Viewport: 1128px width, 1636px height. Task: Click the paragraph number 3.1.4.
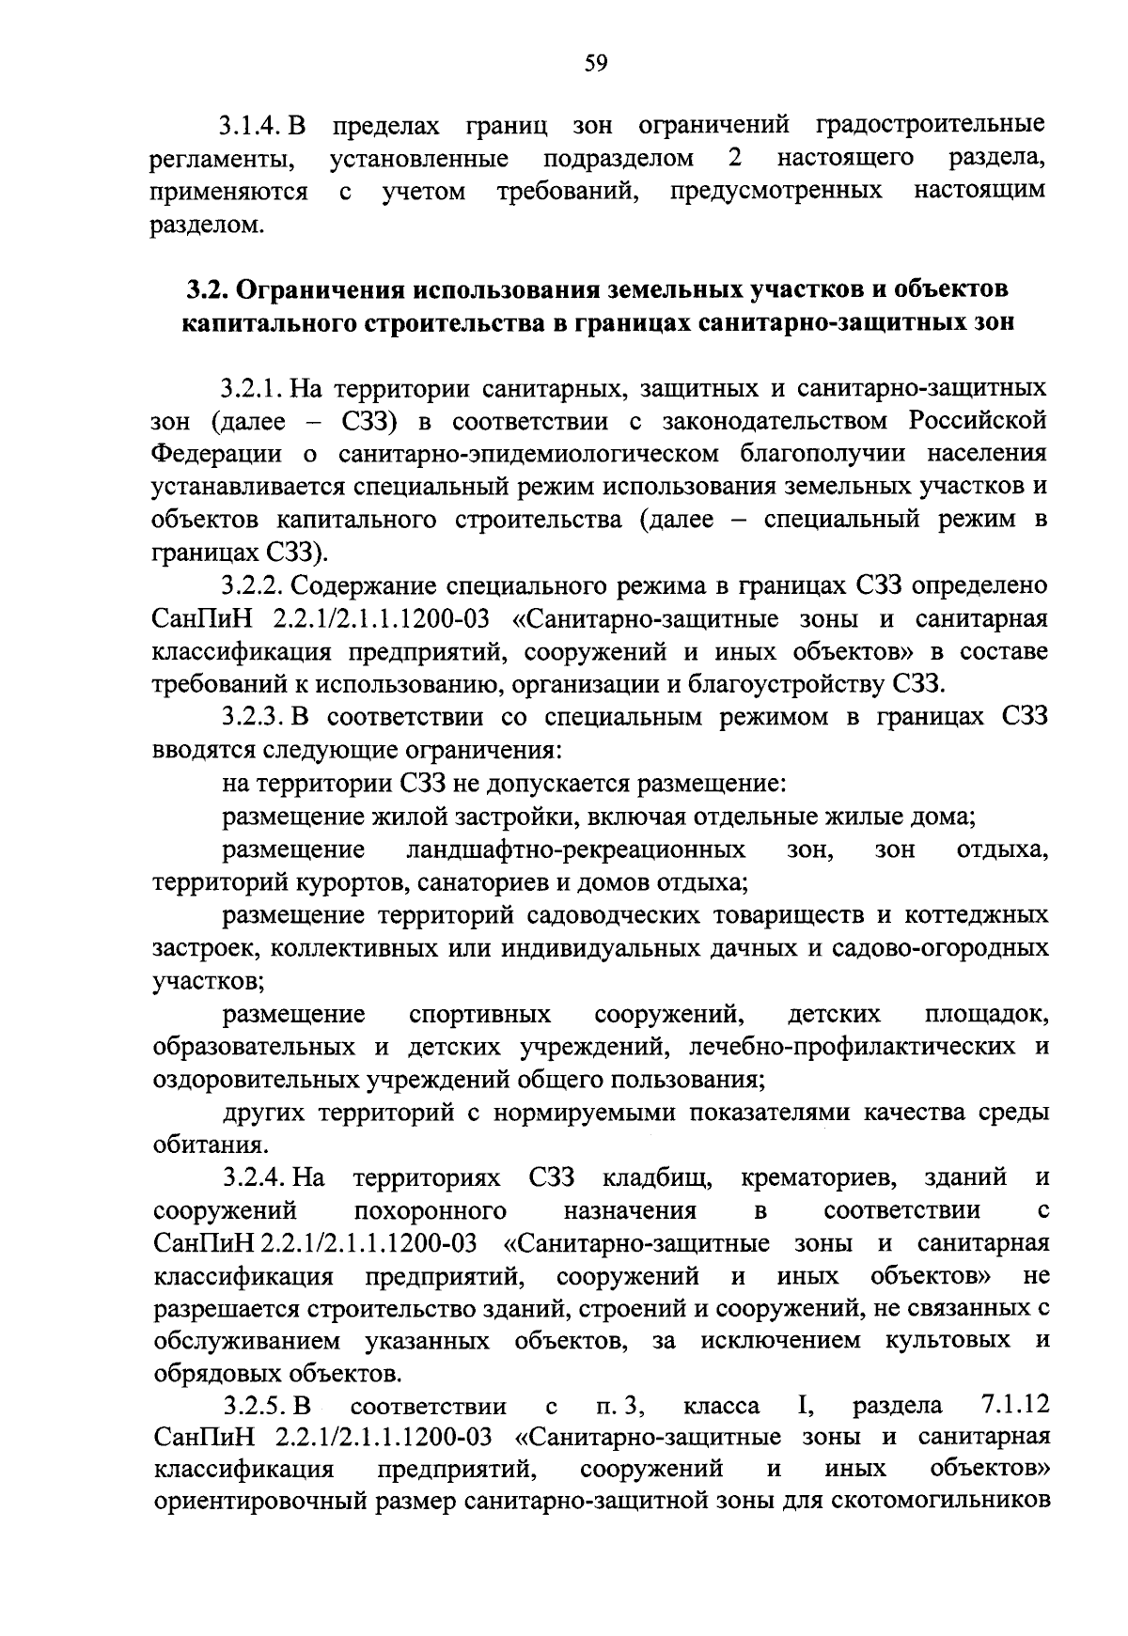coord(253,124)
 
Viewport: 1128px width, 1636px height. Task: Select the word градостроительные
coord(930,124)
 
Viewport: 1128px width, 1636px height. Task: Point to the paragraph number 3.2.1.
coord(253,387)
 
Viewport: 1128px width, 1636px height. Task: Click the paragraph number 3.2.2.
coord(253,585)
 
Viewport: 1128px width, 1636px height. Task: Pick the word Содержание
coord(356,585)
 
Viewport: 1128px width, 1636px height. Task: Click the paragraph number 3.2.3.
coord(253,717)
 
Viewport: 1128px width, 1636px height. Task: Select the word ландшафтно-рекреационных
coord(575,850)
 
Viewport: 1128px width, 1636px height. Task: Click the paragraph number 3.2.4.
coord(253,1177)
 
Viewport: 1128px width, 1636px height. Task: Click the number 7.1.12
coord(1013,1407)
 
